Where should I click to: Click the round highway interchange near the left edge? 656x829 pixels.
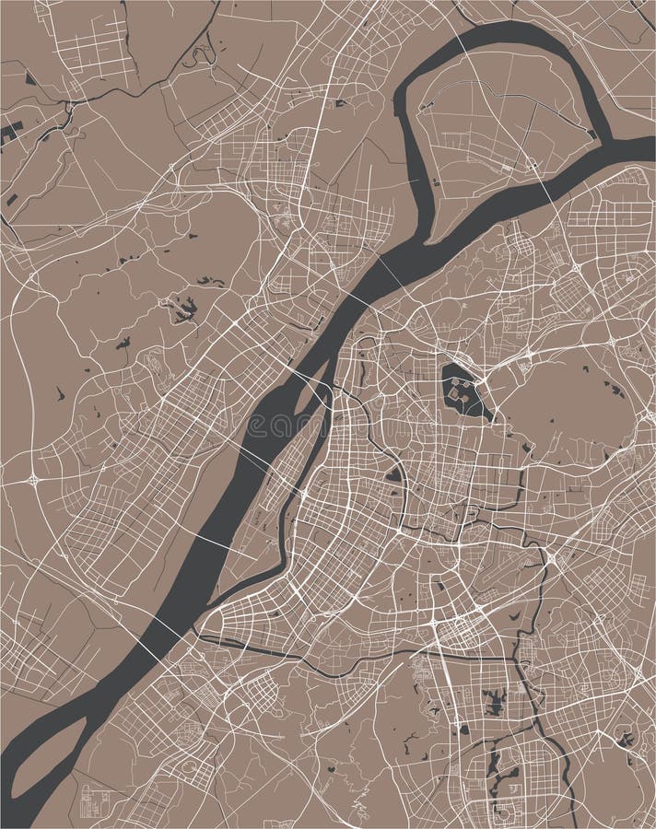(x=34, y=479)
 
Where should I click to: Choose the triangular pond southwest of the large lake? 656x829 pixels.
(x=394, y=474)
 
